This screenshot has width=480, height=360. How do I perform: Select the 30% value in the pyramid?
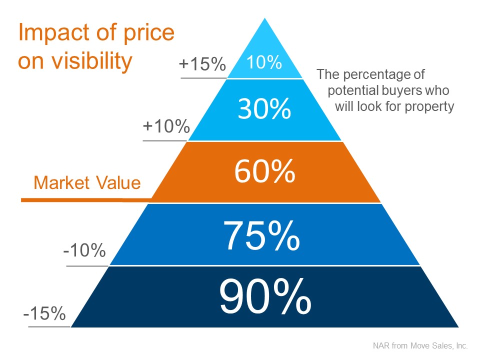click(x=264, y=109)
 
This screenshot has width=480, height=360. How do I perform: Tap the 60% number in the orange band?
click(x=264, y=172)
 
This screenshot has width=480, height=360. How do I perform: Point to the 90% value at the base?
click(x=265, y=297)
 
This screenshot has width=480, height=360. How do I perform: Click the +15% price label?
click(x=202, y=65)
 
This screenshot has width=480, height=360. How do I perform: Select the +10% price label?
click(x=166, y=126)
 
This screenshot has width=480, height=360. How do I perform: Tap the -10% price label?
click(x=84, y=250)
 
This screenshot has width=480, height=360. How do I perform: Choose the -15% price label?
click(x=44, y=313)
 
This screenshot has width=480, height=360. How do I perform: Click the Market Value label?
click(x=87, y=183)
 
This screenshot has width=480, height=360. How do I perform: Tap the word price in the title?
click(x=150, y=32)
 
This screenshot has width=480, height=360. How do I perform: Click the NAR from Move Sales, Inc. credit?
click(x=419, y=345)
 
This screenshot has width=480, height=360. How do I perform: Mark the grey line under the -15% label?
click(x=49, y=327)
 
